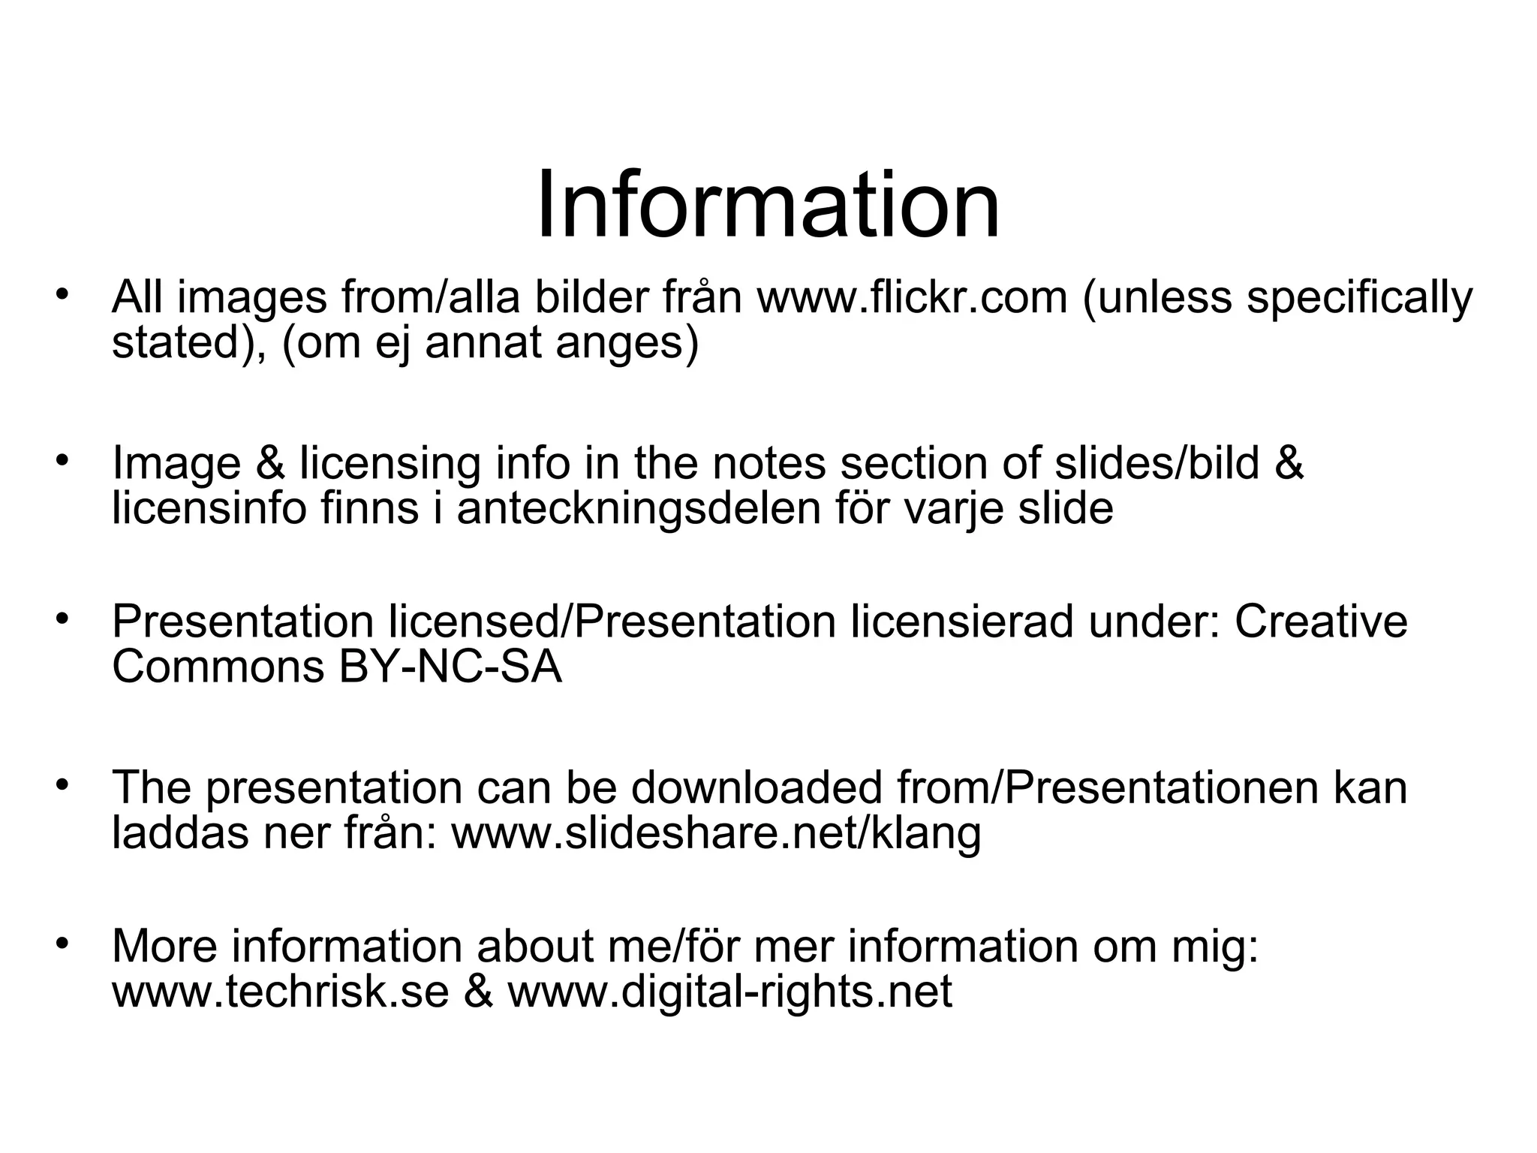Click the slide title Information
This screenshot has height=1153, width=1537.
[768, 204]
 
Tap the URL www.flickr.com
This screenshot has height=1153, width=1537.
[912, 297]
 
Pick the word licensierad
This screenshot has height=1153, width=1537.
[961, 622]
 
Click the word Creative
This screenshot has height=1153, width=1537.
[1321, 622]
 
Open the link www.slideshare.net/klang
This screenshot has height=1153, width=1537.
[716, 833]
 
